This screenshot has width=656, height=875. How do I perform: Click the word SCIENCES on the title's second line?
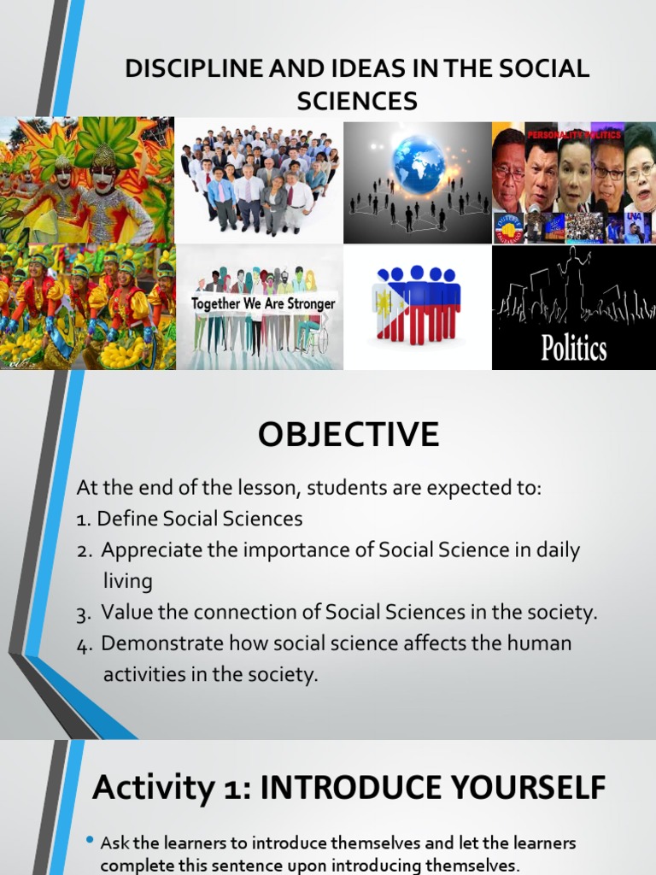tap(357, 102)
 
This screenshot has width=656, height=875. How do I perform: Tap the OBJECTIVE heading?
tap(348, 435)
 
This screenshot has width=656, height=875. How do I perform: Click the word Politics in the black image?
tap(573, 348)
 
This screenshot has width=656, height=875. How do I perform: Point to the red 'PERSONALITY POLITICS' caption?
tap(574, 135)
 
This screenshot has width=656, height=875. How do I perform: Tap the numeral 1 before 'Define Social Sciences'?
tap(82, 520)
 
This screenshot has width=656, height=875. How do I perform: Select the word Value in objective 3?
tap(125, 613)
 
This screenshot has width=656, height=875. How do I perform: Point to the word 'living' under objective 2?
tap(127, 582)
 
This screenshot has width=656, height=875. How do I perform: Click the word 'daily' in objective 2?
tap(556, 551)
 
